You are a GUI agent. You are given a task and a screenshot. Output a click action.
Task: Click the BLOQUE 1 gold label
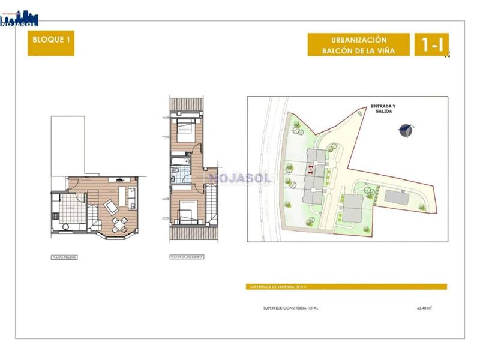[x=50, y=44]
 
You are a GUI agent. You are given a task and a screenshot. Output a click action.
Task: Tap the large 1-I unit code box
[x=431, y=44]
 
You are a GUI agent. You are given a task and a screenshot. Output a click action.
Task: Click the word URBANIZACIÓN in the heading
[x=359, y=40]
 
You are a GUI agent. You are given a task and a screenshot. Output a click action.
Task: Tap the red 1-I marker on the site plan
[x=310, y=169]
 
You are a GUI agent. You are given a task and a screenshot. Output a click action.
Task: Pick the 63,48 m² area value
[x=424, y=308]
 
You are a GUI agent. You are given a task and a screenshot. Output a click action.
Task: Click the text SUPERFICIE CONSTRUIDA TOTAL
[x=291, y=308]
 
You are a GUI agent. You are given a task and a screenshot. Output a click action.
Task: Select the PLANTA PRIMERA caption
[x=65, y=257]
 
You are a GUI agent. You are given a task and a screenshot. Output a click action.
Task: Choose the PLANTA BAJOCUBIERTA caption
[x=187, y=257]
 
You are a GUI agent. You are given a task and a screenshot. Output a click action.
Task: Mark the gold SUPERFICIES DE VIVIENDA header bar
[x=347, y=287]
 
